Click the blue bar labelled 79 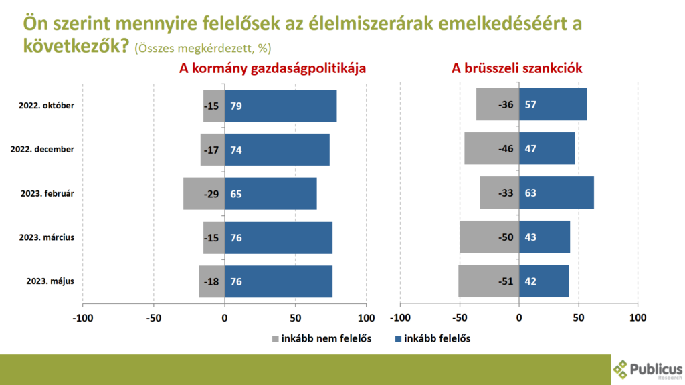280,106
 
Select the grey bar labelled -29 204,194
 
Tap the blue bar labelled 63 556,193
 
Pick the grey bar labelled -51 488,281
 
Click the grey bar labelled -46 492,149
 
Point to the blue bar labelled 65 270,194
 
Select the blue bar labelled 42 544,281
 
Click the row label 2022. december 43,149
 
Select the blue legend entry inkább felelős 432,338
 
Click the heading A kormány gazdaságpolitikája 272,69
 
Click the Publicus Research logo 647,369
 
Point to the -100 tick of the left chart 83,318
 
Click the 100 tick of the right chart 638,318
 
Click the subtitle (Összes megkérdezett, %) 203,49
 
